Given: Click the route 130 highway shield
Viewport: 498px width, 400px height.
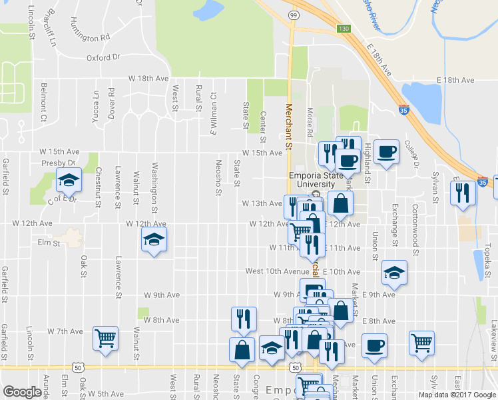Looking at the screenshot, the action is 342,29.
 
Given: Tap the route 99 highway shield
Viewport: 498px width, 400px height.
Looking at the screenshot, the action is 293,13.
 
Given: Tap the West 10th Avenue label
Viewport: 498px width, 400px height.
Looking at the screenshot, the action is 277,271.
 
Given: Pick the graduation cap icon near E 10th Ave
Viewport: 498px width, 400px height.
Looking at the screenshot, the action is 394,272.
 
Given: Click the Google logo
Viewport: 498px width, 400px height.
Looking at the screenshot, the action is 23,392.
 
